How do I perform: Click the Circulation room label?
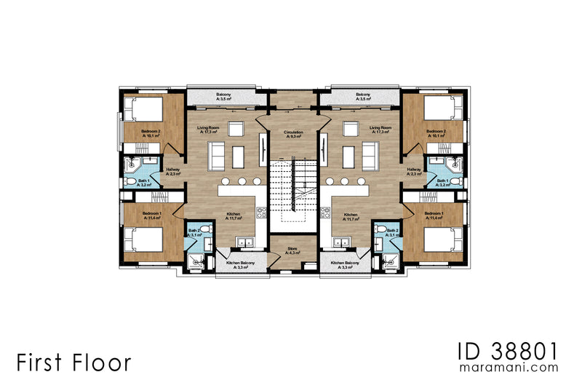coord(293,134)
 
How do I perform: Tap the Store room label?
coord(293,250)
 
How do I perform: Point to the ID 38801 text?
coord(508,351)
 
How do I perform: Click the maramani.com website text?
coord(509,368)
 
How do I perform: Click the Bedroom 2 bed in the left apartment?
coord(143,111)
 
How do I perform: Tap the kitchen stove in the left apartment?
coord(260,213)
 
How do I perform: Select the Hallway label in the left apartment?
coord(173,172)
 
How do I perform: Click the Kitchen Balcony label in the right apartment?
coord(343,265)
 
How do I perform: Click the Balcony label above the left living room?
coord(223,97)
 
